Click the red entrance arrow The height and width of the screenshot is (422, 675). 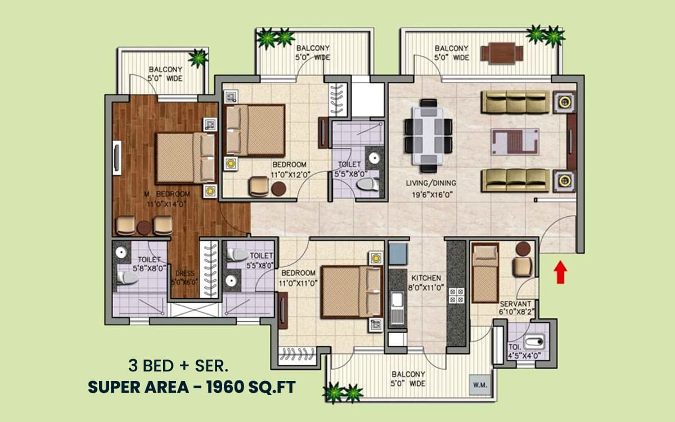point(560,272)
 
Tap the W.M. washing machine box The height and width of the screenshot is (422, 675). point(480,385)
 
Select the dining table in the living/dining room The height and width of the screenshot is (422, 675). point(428,136)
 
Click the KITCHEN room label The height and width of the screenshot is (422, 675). point(426,278)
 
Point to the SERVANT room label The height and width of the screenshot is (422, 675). point(516,304)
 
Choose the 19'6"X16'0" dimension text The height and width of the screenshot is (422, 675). point(433,195)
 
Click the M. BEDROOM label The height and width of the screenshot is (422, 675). point(167,194)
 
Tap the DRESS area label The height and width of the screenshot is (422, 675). point(184,273)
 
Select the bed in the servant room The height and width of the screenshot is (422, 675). point(485,273)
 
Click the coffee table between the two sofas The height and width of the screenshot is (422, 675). point(515,142)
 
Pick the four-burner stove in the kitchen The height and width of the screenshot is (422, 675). point(457,296)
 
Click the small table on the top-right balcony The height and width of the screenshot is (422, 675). point(502,53)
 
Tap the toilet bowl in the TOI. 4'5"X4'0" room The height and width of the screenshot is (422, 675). point(534,342)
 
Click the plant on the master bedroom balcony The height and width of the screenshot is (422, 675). point(198,57)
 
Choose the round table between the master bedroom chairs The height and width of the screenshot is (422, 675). point(144,227)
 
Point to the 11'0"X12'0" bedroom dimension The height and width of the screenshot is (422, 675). point(290,175)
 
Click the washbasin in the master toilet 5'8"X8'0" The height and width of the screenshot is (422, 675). point(121,252)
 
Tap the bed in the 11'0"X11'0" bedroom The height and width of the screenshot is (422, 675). point(352,292)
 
